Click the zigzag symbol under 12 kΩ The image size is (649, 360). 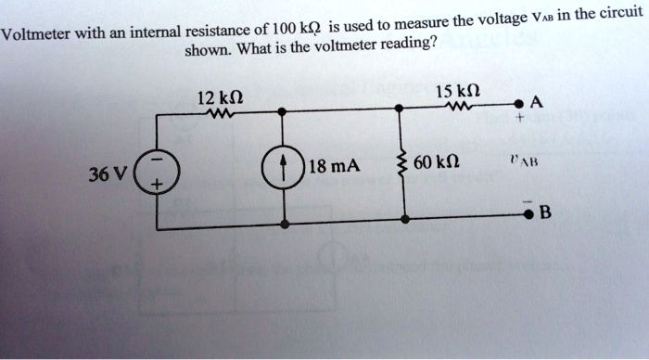tap(222, 115)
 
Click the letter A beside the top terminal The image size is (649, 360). tap(541, 100)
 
